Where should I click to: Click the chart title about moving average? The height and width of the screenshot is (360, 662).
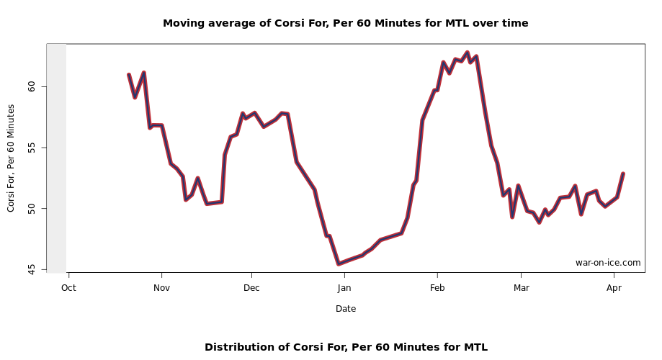345,23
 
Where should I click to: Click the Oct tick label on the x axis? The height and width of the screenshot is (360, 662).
68,288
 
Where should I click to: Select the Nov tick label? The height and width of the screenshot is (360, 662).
161,288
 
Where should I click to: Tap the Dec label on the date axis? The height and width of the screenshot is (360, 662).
251,288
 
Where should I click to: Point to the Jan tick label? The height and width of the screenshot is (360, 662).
344,288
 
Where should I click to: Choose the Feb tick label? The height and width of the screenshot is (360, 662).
437,288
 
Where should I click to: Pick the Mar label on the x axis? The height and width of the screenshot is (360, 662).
521,288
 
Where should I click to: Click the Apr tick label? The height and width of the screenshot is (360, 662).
614,288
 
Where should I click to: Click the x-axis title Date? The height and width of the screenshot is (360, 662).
345,309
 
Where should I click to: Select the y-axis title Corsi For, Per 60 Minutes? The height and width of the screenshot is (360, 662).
11,158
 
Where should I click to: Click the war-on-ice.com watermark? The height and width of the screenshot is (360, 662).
607,263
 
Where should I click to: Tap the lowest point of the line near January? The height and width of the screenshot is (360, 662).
339,264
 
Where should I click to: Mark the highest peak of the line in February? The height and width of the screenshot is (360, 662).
467,53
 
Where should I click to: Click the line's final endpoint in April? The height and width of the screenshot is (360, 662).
623,174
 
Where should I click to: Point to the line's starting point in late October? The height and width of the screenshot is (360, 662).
129,75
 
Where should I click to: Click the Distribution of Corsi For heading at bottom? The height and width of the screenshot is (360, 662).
346,347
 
